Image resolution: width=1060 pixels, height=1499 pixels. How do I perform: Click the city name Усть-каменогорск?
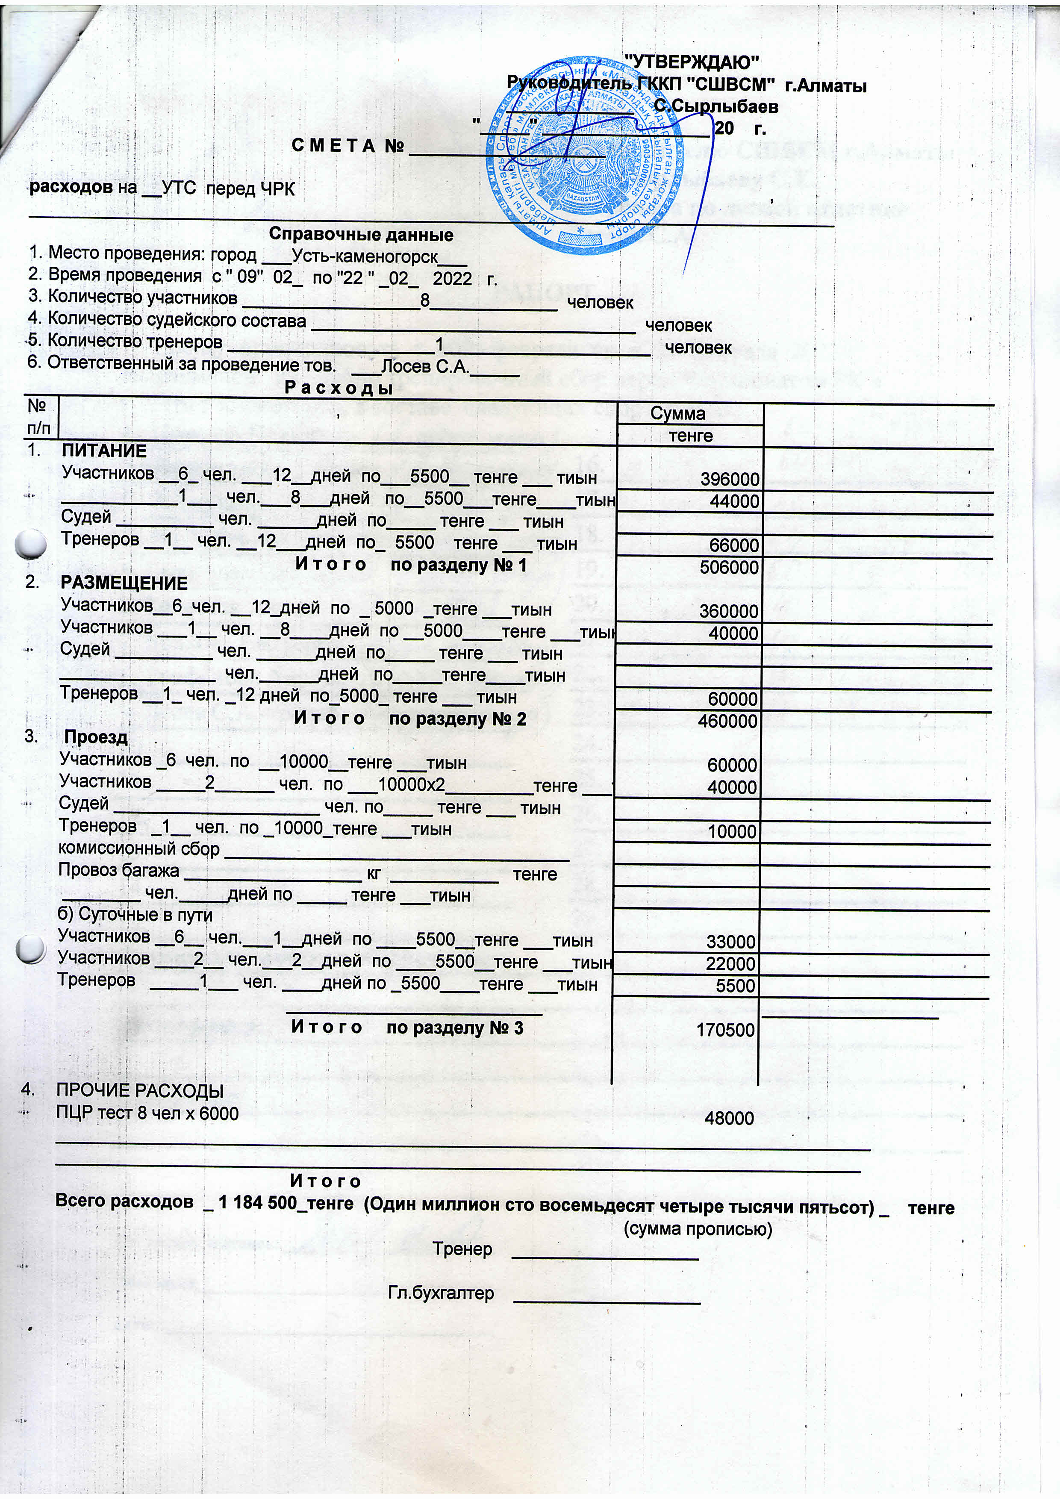pos(365,256)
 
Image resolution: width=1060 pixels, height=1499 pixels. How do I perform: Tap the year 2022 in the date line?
pos(452,278)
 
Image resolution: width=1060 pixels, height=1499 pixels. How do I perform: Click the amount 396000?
pos(730,480)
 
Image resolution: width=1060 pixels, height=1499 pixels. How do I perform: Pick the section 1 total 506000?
pos(729,567)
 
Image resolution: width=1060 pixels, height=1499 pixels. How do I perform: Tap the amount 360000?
pos(729,612)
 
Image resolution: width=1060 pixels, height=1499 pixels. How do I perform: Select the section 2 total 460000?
pos(729,722)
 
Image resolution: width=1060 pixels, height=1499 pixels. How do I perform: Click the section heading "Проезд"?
pos(96,737)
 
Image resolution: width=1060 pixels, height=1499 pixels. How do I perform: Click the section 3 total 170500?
pos(725,1030)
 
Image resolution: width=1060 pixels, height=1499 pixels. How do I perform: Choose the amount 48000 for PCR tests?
pos(729,1119)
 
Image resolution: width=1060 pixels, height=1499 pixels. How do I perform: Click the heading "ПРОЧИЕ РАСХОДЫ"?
pos(140,1091)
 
